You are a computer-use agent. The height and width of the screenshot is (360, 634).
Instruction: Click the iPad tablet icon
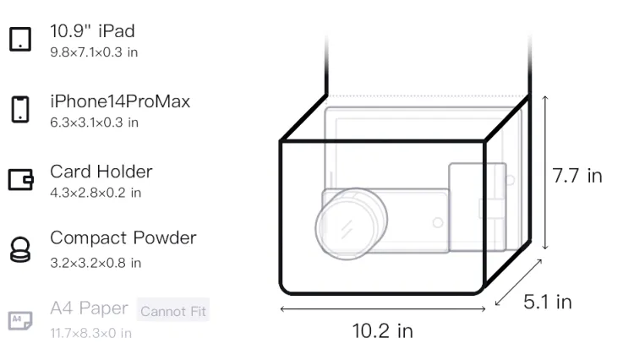pos(20,39)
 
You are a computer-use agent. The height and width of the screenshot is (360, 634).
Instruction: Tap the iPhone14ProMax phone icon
pos(20,109)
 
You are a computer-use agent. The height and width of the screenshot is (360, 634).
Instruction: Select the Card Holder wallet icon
pos(20,179)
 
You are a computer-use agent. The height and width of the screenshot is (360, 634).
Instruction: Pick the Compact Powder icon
pos(20,249)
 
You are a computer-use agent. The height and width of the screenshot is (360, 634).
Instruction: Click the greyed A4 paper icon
pos(20,320)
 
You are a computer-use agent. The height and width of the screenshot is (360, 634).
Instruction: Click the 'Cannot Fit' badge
pos(173,310)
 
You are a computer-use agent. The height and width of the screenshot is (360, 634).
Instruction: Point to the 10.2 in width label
pos(382,331)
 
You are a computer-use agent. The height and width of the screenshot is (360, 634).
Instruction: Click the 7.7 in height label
pos(577,176)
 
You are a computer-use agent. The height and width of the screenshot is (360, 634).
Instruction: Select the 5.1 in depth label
pos(548,302)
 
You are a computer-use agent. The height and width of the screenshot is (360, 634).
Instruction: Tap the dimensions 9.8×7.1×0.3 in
pos(94,52)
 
